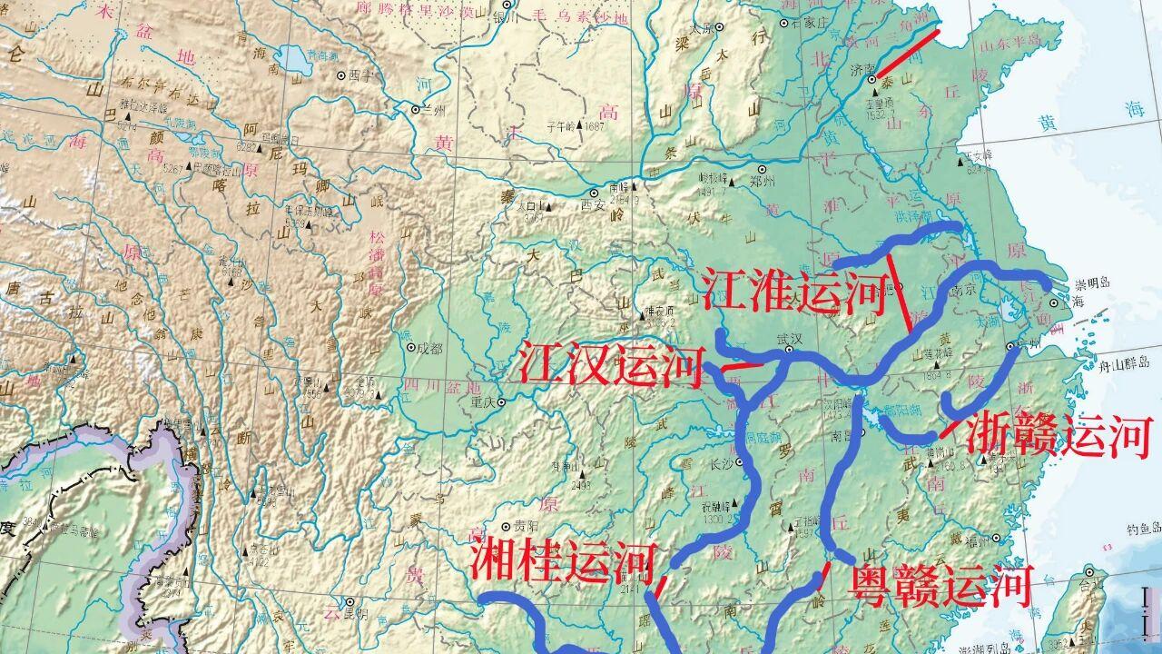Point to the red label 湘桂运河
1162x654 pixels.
click(x=562, y=560)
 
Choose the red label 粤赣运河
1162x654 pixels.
click(x=940, y=584)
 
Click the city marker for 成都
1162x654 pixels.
click(x=410, y=347)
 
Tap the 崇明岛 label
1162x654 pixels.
click(x=1094, y=283)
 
